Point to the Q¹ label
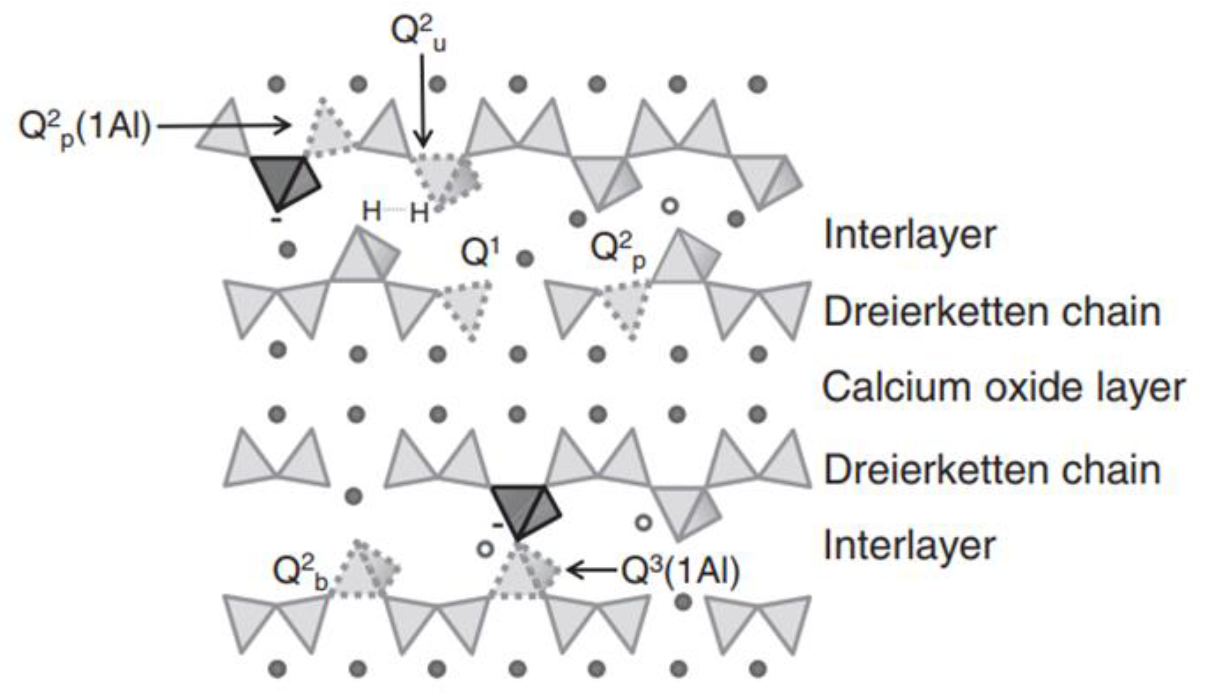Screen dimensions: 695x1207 [x=480, y=252]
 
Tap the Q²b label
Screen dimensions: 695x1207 [x=300, y=571]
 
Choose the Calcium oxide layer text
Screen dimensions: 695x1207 [x=1003, y=388]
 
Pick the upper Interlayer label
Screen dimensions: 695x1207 [x=909, y=235]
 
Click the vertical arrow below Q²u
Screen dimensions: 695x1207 [x=423, y=100]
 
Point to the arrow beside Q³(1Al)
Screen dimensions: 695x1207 [x=592, y=570]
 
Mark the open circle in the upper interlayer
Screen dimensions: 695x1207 [x=670, y=205]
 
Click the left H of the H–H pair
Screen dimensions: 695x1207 [x=372, y=211]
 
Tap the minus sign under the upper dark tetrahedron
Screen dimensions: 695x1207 [x=276, y=220]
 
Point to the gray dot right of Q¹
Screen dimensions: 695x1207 [x=524, y=258]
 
